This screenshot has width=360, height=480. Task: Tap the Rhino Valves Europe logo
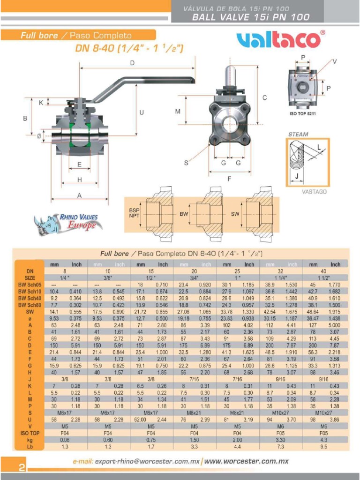(x=68, y=223)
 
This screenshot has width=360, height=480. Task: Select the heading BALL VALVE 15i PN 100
(x=251, y=17)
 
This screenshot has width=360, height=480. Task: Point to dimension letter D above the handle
(x=133, y=63)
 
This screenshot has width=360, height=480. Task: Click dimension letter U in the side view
(x=141, y=112)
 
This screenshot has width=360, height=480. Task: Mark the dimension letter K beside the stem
(x=41, y=103)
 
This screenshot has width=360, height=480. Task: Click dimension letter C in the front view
(x=264, y=97)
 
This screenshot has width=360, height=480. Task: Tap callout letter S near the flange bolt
(x=186, y=163)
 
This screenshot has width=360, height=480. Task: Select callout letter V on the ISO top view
(x=335, y=61)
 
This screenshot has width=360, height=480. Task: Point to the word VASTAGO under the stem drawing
(x=314, y=192)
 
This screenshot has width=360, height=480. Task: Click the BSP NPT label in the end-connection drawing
(x=134, y=214)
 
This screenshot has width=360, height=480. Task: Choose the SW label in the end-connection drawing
(x=235, y=214)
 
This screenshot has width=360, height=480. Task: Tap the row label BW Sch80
(x=29, y=304)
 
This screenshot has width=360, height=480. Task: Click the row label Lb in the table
(x=29, y=447)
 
